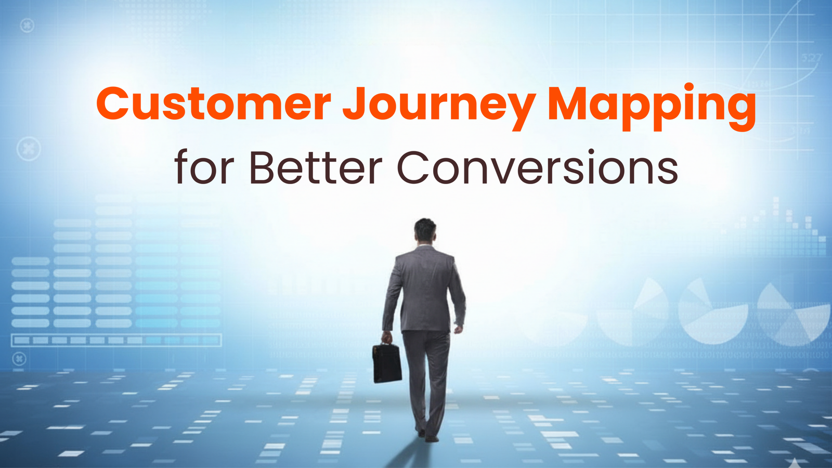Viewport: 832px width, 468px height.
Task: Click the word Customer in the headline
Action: point(214,103)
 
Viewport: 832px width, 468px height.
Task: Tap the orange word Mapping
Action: point(652,107)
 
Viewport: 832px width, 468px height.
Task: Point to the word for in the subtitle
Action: point(205,166)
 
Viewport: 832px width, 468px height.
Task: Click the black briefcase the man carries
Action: point(387,362)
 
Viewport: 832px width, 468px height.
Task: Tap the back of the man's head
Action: point(425,231)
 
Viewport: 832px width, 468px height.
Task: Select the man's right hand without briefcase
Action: point(459,329)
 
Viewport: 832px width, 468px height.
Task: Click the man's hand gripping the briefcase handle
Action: point(387,337)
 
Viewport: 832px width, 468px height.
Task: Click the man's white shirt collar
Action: point(425,245)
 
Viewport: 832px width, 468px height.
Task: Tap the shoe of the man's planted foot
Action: point(432,439)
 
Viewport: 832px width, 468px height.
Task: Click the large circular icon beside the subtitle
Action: point(29,149)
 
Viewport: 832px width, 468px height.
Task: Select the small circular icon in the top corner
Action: point(27,25)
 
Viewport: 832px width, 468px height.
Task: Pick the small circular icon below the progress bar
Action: point(19,359)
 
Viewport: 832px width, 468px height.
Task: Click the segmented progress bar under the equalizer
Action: point(116,340)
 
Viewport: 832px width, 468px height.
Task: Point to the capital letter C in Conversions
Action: point(413,167)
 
